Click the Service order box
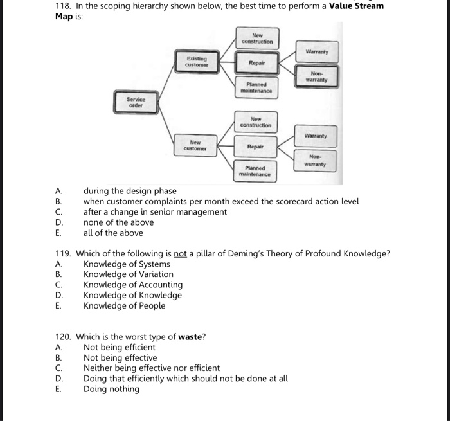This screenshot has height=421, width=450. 136,102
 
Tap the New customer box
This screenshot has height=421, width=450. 195,146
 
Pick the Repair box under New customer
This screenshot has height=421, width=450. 256,147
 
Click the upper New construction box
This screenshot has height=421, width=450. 256,39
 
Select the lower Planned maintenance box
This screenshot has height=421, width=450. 255,172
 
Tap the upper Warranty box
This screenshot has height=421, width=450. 316,51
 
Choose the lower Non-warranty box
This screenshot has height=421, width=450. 315,160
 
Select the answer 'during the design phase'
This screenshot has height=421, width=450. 130,191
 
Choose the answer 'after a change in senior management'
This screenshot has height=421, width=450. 155,211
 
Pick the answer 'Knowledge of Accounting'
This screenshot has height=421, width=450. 132,285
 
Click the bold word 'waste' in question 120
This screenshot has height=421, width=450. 190,337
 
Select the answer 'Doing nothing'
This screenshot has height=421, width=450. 111,389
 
